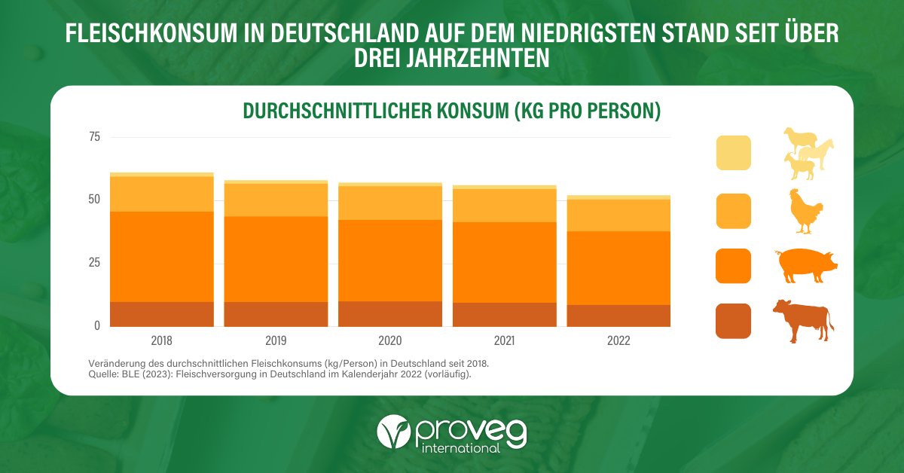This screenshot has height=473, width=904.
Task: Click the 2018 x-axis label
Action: point(161,340)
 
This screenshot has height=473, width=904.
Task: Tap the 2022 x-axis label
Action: point(618,340)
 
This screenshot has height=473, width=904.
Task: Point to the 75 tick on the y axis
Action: point(95,137)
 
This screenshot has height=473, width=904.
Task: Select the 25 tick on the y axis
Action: point(95,263)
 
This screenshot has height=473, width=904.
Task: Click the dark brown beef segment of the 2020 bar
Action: point(390,313)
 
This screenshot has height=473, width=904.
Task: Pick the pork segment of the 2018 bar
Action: point(161,257)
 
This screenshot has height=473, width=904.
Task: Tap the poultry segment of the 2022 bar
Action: point(618,215)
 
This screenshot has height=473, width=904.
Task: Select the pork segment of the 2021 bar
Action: point(504,262)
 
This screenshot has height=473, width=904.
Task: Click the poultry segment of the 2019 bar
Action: point(276,200)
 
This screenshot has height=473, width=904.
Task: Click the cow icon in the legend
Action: point(803,320)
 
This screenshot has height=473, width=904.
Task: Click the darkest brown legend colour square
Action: point(733,321)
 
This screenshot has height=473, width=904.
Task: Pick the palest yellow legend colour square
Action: point(733,153)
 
